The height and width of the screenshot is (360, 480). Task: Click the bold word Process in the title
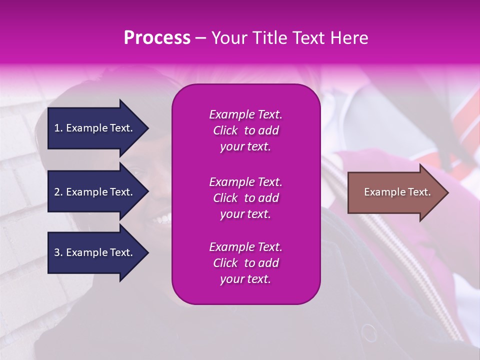point(157,38)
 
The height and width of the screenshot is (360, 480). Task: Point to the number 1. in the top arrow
point(58,128)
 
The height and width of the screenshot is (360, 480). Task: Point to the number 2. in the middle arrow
point(58,192)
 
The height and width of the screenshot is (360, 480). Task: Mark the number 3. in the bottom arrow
point(58,252)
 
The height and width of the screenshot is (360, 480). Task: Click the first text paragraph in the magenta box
point(245,130)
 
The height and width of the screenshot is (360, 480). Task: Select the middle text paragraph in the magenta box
point(245,198)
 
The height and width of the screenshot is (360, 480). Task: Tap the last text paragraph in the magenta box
point(245,263)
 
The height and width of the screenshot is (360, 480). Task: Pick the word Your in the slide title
point(228,38)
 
